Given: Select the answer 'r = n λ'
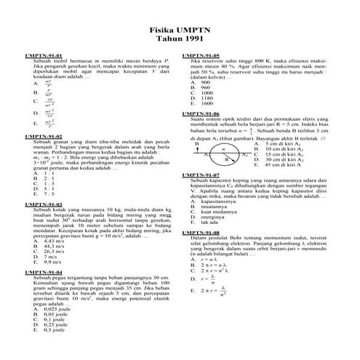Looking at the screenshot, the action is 207,260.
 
